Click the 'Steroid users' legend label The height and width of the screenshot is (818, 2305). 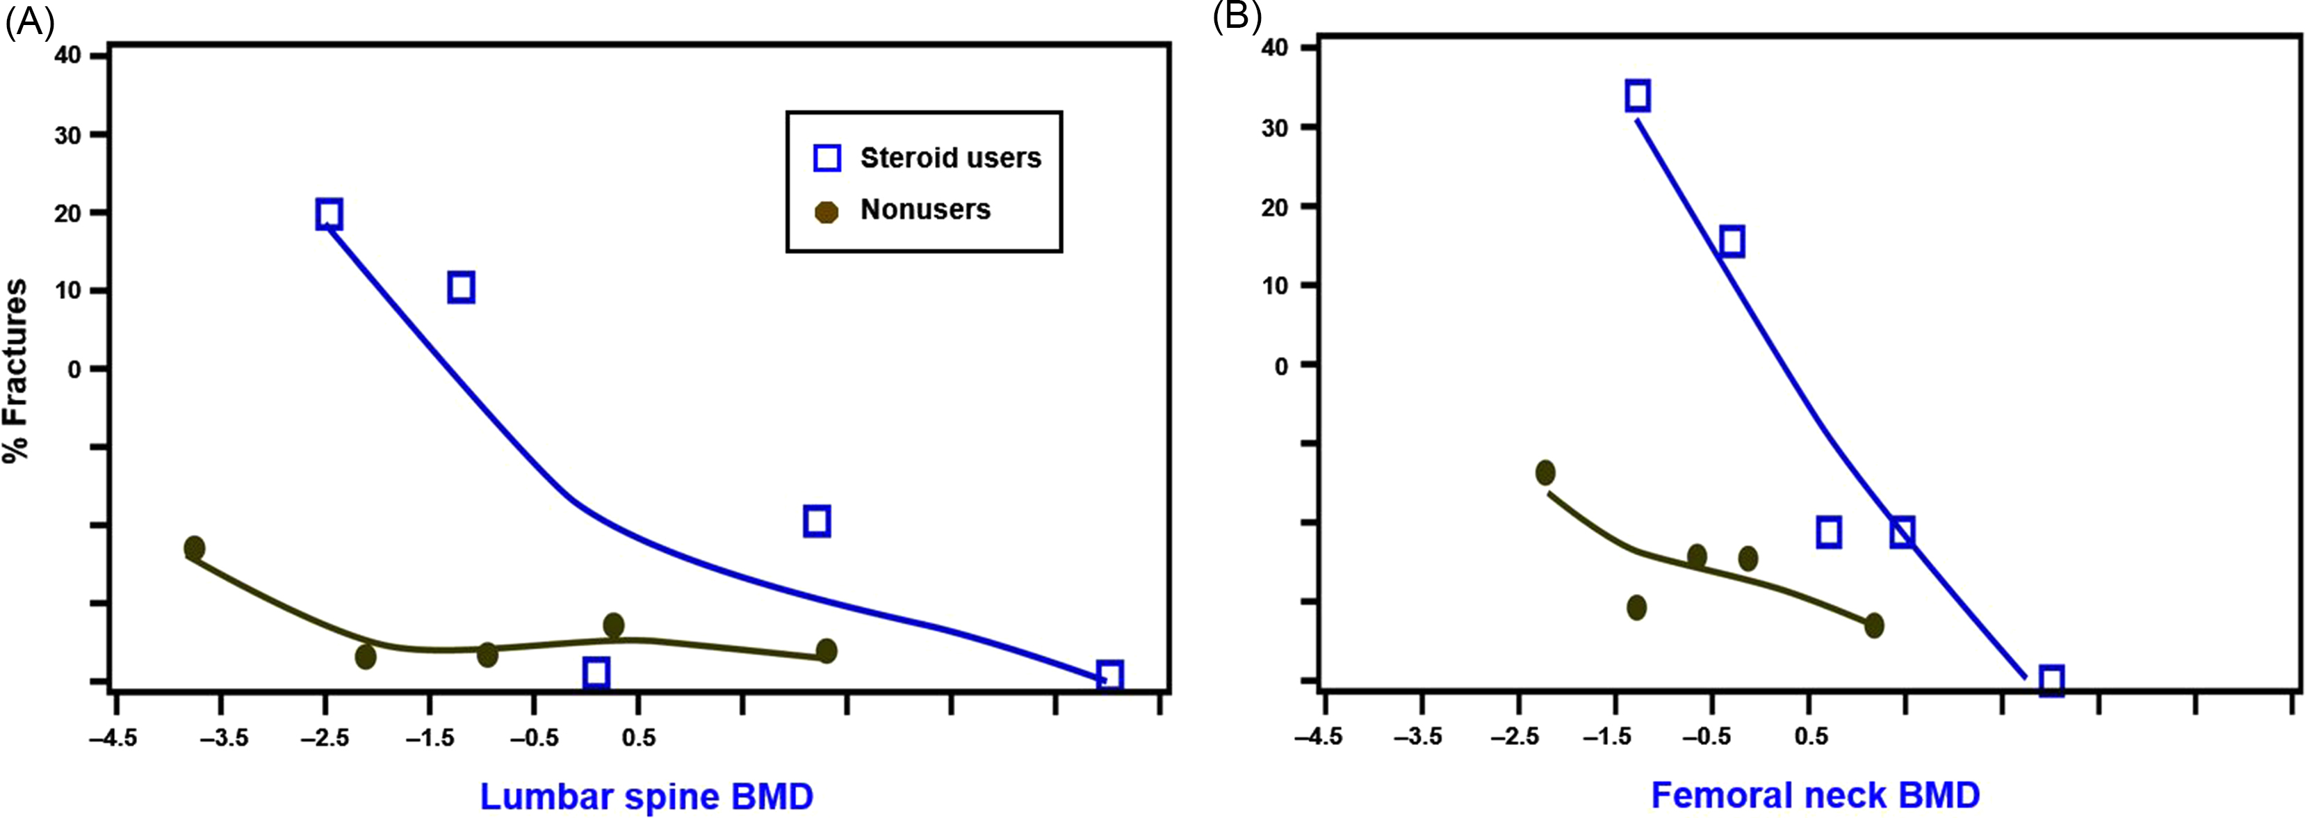[x=950, y=159]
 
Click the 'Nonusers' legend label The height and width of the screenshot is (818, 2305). [x=925, y=210]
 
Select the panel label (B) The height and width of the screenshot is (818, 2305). [x=1237, y=15]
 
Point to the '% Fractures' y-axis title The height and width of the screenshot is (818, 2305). [x=16, y=369]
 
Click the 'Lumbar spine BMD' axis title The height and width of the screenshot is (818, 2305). [x=646, y=796]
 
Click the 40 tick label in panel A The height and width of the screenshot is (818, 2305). [x=68, y=56]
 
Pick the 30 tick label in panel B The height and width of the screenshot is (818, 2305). [x=1275, y=128]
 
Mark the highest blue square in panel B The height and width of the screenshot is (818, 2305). [x=1638, y=96]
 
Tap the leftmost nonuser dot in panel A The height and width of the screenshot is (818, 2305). [x=194, y=547]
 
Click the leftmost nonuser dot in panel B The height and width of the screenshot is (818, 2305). [x=1545, y=472]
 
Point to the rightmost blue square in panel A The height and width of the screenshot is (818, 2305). [x=1109, y=675]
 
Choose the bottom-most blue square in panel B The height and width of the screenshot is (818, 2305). [x=2052, y=680]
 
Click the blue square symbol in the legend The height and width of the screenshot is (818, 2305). [x=826, y=159]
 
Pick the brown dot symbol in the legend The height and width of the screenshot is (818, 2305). [x=826, y=212]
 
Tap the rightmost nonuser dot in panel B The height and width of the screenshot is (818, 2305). [x=1874, y=625]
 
